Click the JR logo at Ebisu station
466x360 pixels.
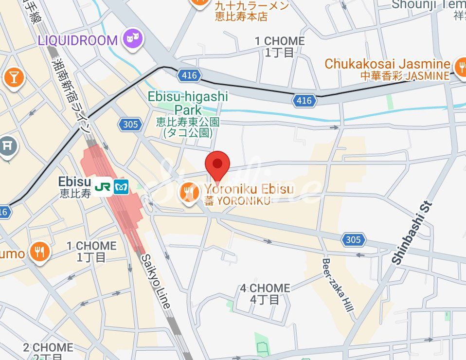point(103,187)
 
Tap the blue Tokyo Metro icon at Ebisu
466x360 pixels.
point(121,187)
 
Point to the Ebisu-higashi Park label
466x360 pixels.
point(188,103)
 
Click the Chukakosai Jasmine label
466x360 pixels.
point(387,64)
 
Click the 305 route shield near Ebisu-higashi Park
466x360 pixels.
point(130,125)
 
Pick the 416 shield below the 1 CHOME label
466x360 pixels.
point(304,101)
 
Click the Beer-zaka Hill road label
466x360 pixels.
point(337,285)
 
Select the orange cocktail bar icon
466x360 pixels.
point(14,76)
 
